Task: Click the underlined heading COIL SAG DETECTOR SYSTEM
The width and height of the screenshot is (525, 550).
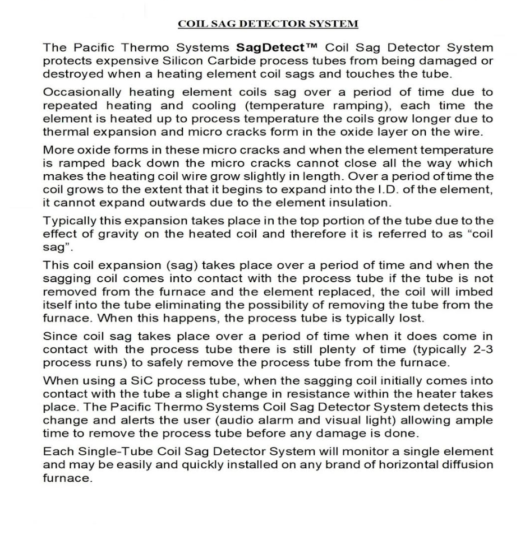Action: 268,24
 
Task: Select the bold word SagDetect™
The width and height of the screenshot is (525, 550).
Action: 266,49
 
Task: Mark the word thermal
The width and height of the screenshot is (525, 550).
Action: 63,132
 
